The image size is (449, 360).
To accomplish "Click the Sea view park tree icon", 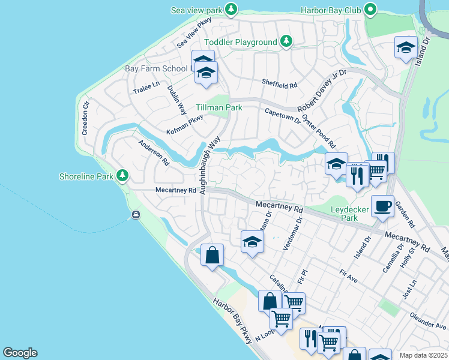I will (231, 10).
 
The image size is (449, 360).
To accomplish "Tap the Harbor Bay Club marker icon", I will (371, 10).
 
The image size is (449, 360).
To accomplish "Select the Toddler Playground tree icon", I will (287, 41).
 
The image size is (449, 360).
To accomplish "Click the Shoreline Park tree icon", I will (122, 176).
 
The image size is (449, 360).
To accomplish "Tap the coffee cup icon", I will (382, 206).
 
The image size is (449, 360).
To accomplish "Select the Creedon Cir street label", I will (85, 117).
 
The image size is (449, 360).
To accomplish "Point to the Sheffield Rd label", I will (279, 85).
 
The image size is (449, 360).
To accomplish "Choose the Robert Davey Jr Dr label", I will (322, 90).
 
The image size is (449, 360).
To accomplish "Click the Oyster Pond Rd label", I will (318, 132).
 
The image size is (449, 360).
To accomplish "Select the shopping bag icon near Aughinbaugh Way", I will (212, 255).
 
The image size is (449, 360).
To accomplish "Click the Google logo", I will (20, 353).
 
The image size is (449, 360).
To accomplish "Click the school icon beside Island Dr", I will (406, 47).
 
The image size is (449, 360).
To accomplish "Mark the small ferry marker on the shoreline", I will (136, 215).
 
